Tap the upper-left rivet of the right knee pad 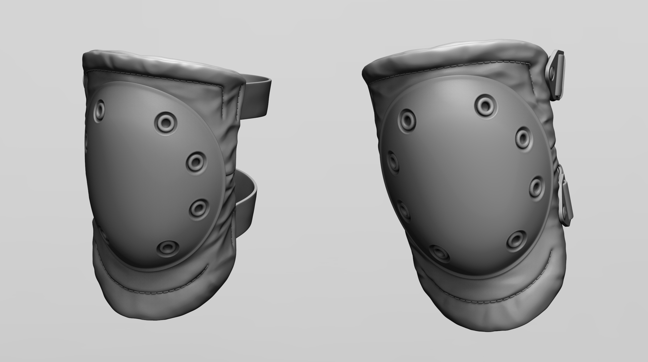coord(407,119)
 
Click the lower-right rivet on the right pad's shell coord(516,240)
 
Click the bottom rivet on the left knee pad coord(168,248)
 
